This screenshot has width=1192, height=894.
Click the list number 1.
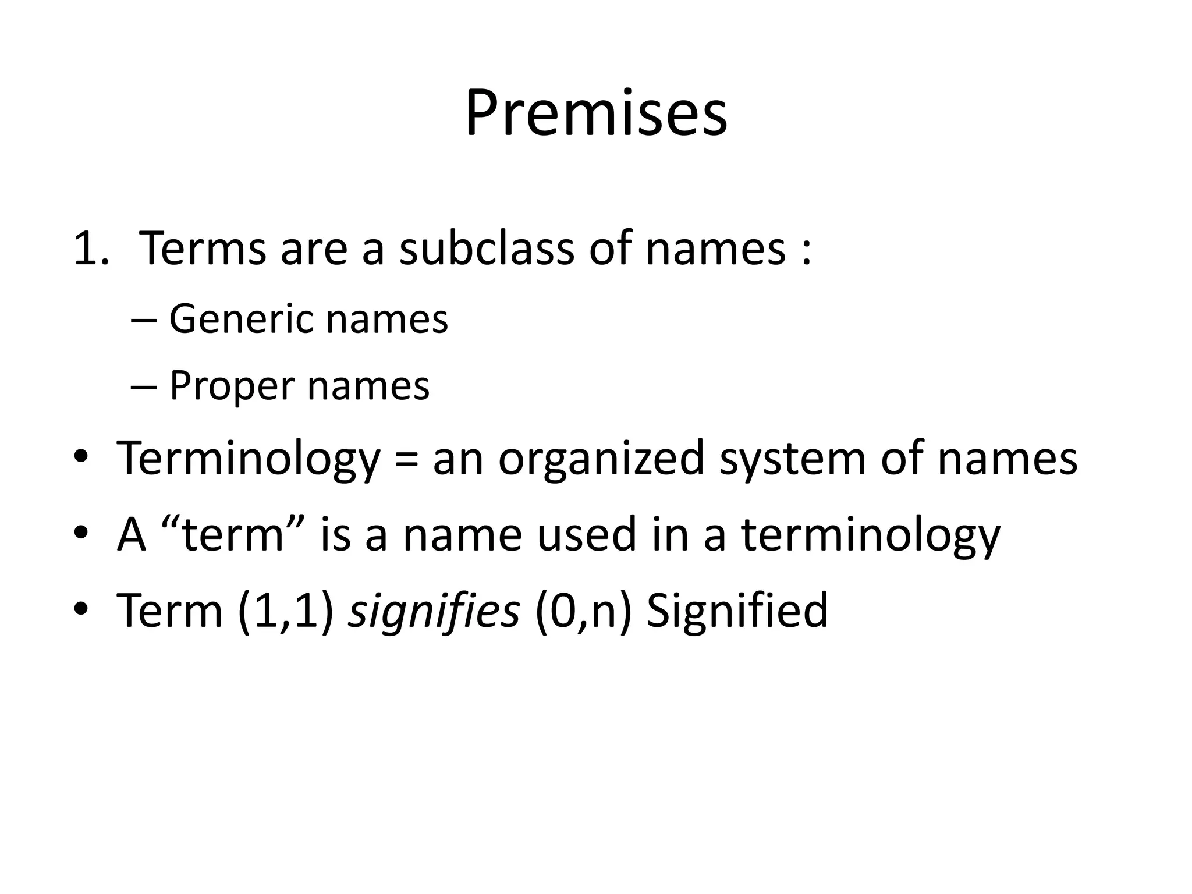[x=91, y=249]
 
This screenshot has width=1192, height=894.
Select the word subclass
[x=487, y=249]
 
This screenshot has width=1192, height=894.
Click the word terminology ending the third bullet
[x=870, y=535]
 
